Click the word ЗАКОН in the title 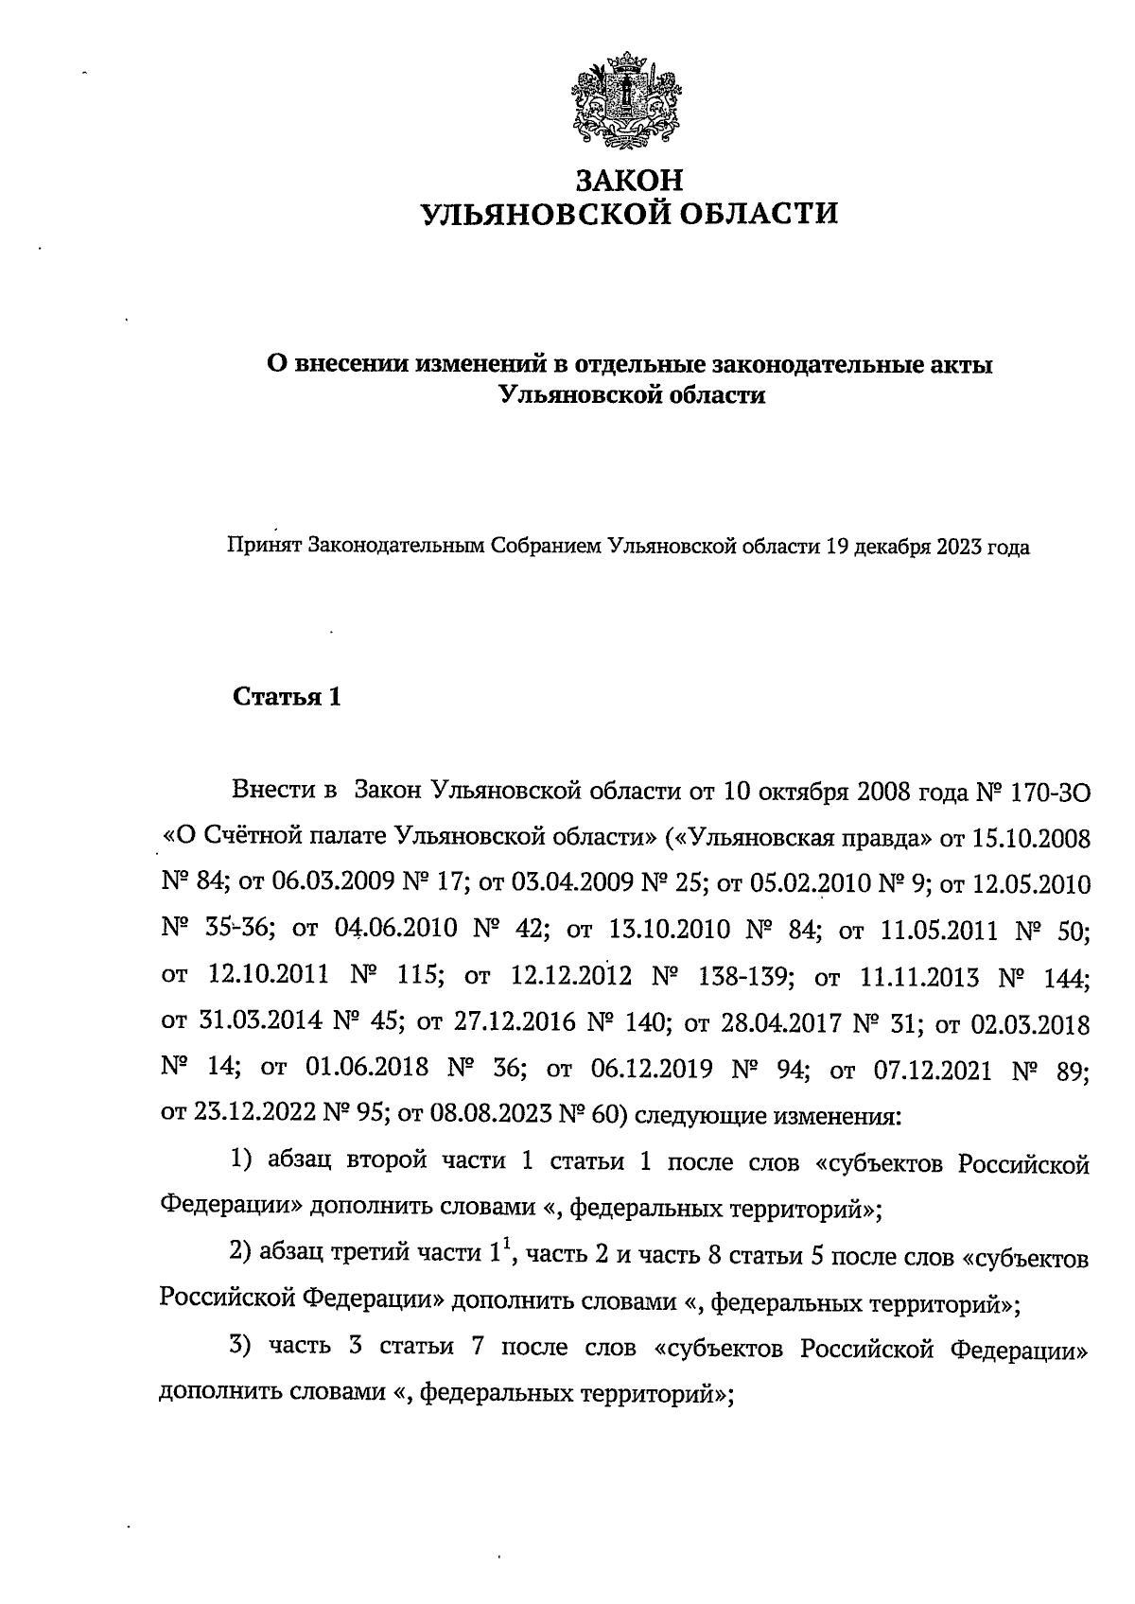click(629, 179)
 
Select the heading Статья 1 click(286, 698)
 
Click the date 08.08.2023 click(490, 1115)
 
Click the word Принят click(263, 547)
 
